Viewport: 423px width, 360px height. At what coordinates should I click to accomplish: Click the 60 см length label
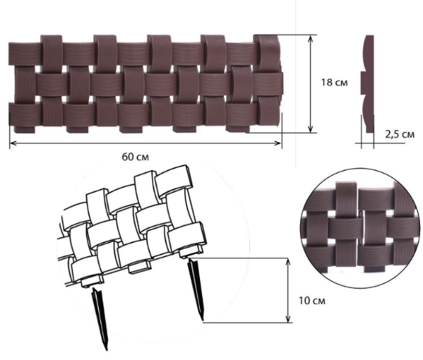(x=135, y=157)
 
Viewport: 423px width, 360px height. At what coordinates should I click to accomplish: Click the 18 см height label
(x=334, y=82)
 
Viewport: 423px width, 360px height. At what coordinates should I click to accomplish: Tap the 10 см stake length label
(x=312, y=300)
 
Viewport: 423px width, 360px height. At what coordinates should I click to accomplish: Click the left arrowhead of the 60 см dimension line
(x=12, y=143)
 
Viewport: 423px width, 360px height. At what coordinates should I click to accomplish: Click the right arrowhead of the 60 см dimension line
(x=278, y=143)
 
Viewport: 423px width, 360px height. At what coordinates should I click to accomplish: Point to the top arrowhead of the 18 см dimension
(x=311, y=38)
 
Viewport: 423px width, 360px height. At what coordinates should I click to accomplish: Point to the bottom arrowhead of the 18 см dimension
(x=311, y=129)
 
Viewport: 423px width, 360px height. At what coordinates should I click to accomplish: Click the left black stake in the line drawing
(x=101, y=319)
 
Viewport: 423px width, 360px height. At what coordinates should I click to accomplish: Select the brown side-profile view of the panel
(x=367, y=84)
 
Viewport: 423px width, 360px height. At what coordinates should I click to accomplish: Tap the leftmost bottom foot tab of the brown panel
(x=24, y=130)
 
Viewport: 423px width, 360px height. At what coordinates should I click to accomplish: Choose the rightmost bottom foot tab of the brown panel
(x=236, y=129)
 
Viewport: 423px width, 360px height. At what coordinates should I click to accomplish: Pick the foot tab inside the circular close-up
(x=375, y=268)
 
